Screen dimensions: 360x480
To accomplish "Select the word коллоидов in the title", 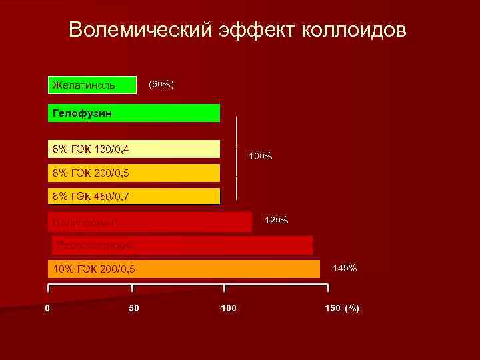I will point(353,31).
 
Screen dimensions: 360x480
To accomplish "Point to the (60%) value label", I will point(161,85).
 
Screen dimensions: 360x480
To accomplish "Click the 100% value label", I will point(260,157).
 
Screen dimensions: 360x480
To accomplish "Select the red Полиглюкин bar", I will point(150,221).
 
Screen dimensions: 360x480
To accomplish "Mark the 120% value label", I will point(276,220).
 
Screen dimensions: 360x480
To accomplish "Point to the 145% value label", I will point(345,268).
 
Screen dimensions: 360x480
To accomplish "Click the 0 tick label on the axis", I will point(47,308).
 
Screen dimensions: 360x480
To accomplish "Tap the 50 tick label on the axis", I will point(134,308).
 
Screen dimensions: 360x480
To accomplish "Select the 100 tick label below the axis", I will point(228,308).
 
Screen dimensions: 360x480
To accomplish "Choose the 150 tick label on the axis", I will point(332,308).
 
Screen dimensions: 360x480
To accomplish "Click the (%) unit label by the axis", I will point(351,308).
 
